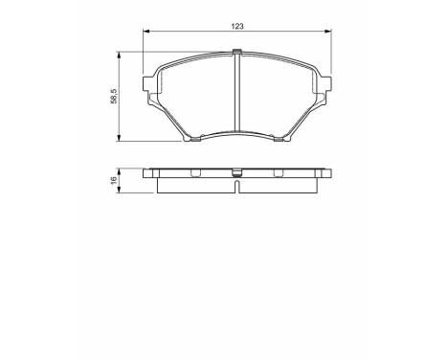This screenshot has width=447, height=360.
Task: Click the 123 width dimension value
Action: tap(236, 27)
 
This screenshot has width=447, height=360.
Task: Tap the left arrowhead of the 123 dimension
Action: tap(145, 36)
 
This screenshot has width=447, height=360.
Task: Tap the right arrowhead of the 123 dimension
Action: tap(329, 36)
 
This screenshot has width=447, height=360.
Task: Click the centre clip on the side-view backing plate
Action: tap(236, 174)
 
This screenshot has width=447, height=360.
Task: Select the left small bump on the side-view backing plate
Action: tap(194, 173)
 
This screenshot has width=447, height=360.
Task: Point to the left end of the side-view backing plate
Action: tap(146, 173)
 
